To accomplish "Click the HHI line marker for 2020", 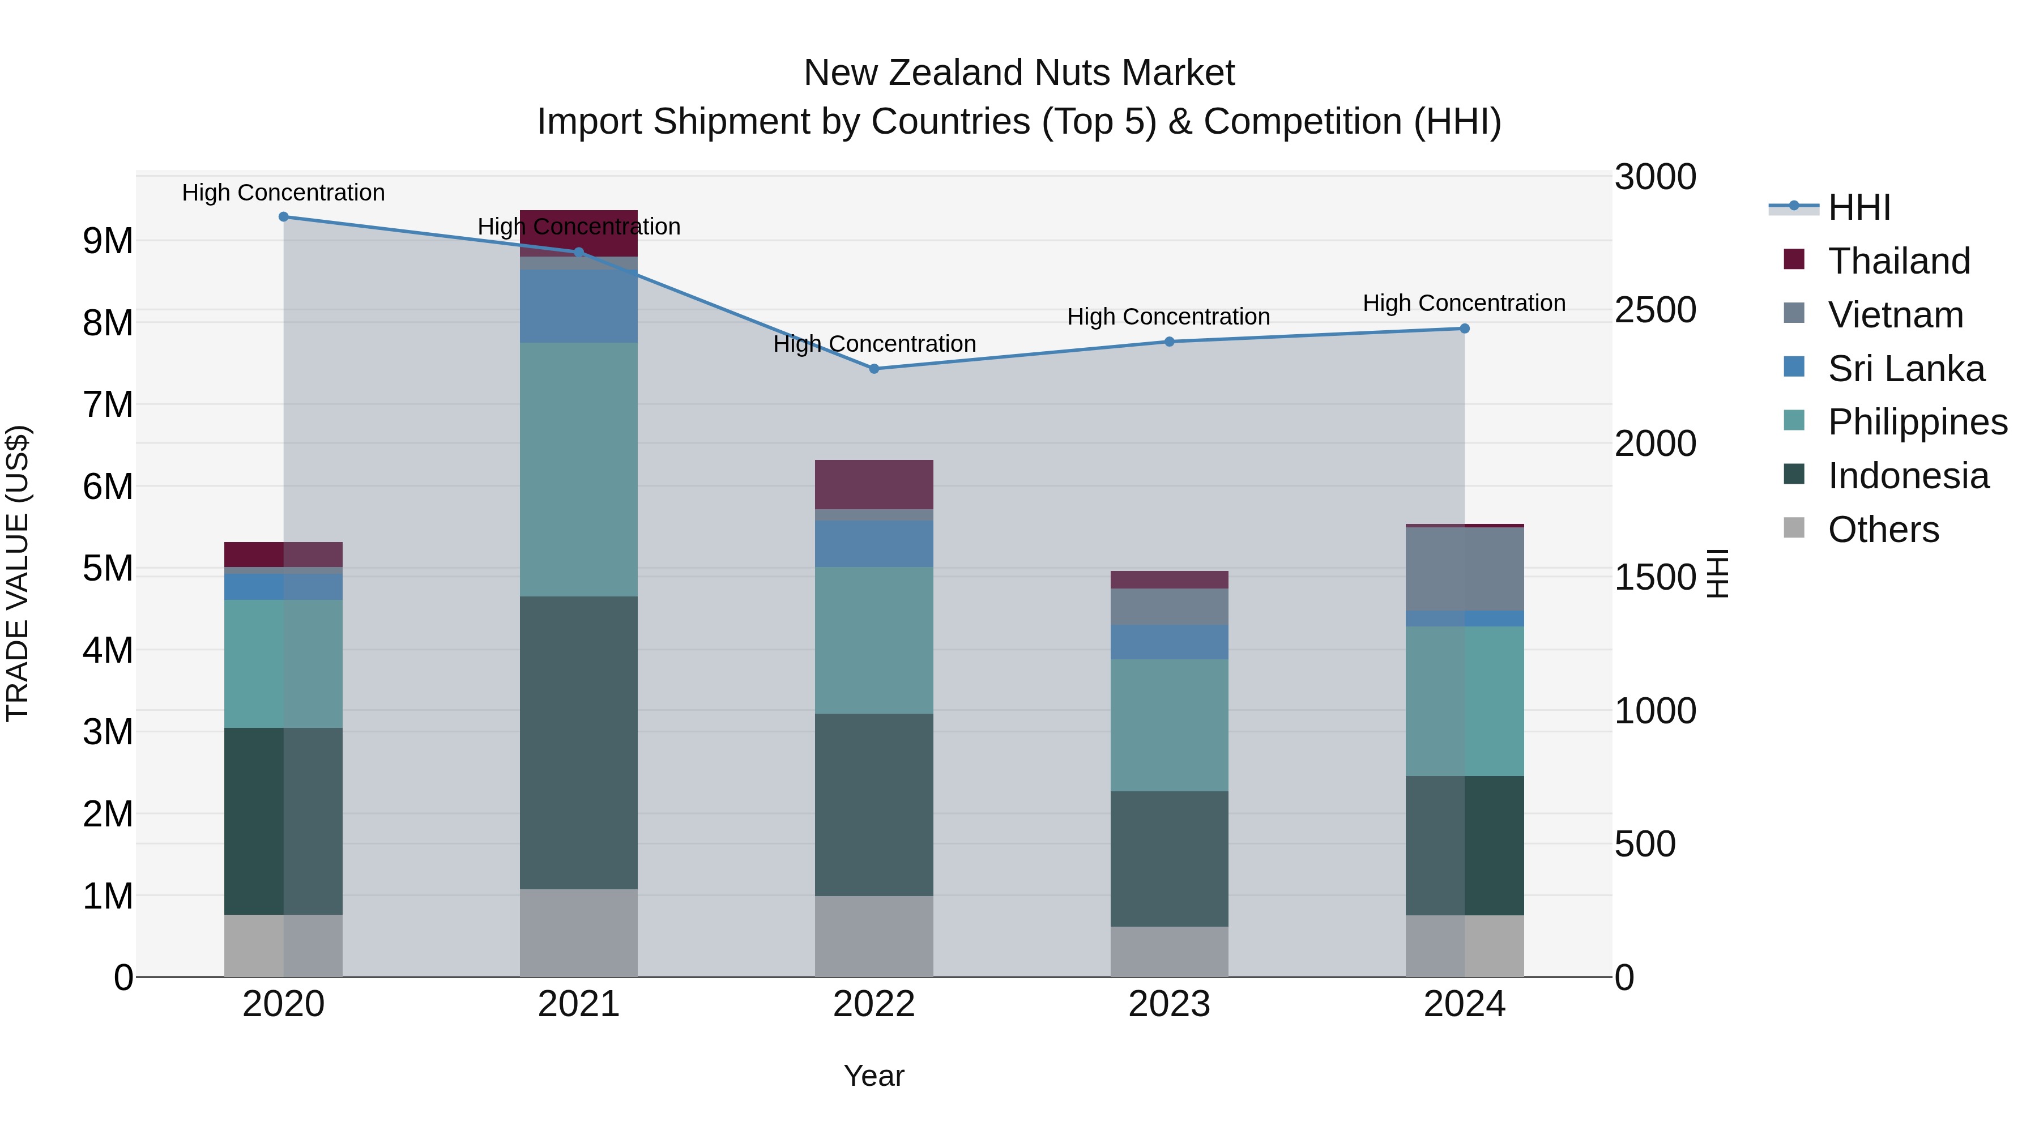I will (283, 217).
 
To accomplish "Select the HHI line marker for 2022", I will (874, 369).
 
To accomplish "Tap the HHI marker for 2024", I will (1464, 329).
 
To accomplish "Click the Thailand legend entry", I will (1898, 261).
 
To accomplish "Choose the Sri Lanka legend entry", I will (1905, 369).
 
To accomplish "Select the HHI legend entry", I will (1858, 207).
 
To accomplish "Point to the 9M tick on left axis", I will (108, 241).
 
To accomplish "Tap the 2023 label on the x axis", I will (1169, 1004).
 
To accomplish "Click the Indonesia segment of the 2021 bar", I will (579, 743).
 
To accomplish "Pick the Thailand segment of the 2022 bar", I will (874, 484).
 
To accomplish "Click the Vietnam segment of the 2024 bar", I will (1464, 568).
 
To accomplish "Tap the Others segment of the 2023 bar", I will (1169, 952).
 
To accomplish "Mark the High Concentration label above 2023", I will (1168, 317).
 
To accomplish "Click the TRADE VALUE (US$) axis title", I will (18, 573).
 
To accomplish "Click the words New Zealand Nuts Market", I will (1019, 73).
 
